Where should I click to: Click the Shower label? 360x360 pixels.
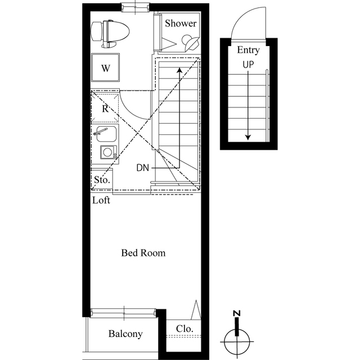[181, 24]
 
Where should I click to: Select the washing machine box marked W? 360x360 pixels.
[105, 69]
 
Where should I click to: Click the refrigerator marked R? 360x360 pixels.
[105, 109]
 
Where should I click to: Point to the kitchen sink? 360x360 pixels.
[106, 134]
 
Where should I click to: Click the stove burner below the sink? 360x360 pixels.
[107, 152]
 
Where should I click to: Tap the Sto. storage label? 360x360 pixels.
[101, 181]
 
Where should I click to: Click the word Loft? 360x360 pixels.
[101, 200]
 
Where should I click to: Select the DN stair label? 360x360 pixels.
[142, 168]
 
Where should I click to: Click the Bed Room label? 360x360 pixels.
[143, 253]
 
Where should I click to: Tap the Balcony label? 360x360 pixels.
[125, 334]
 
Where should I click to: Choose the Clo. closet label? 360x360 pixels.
[184, 328]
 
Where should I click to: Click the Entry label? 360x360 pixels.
[248, 49]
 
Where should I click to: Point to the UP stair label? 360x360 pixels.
[248, 64]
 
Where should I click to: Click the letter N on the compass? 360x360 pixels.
[237, 313]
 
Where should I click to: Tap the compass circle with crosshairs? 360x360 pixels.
[237, 340]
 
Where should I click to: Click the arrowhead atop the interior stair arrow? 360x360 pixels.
[179, 70]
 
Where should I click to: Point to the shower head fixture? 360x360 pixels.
[190, 42]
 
